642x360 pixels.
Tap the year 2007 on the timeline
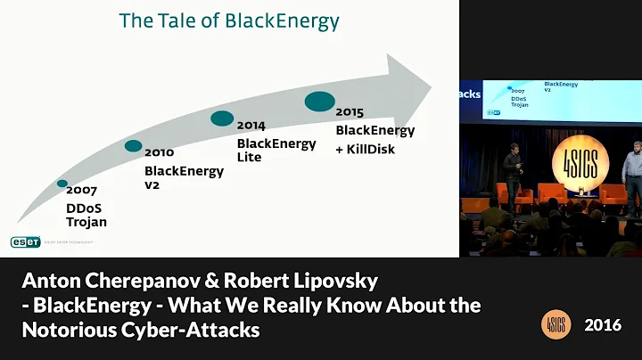coord(81,191)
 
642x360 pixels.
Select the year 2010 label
coord(160,153)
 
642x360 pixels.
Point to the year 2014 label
coord(251,127)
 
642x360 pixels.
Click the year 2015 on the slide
coord(350,113)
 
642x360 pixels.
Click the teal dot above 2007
coord(62,184)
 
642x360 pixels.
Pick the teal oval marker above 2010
coord(134,146)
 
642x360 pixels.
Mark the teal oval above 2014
coord(222,119)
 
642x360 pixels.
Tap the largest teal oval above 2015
coord(320,102)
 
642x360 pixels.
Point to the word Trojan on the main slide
coord(86,222)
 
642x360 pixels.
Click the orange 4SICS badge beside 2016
coord(556,325)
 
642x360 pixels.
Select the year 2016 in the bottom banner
coord(604,325)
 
